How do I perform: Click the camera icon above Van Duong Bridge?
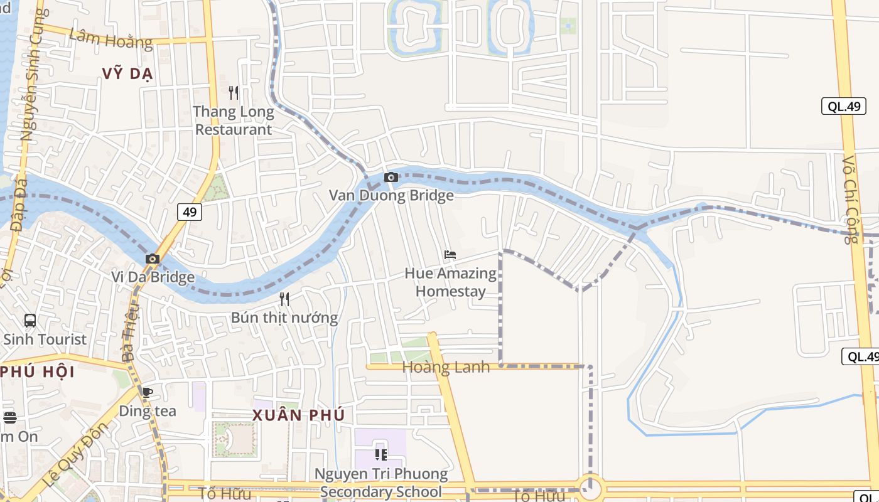pos(391,178)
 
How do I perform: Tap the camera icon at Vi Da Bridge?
pos(153,259)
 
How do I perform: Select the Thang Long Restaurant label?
pos(234,121)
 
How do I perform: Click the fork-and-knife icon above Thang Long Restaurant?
pos(234,93)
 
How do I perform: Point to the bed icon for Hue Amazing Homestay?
pos(450,255)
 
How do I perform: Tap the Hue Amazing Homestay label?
pos(450,282)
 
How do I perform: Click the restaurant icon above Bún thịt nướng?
pos(284,299)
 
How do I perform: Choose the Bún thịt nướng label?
pos(284,318)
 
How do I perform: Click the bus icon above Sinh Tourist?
pos(30,321)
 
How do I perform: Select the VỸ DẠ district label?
pos(128,74)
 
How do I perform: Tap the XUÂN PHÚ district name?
pos(299,415)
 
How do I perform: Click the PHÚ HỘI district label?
pos(38,371)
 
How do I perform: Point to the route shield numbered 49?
pos(190,212)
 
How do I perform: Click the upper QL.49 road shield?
pos(844,106)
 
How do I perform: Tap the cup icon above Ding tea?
pos(148,393)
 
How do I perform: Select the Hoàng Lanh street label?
pos(446,367)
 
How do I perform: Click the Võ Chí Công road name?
pos(850,200)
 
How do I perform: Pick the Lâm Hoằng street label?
pos(111,39)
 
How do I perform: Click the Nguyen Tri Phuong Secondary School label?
pos(381,483)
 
